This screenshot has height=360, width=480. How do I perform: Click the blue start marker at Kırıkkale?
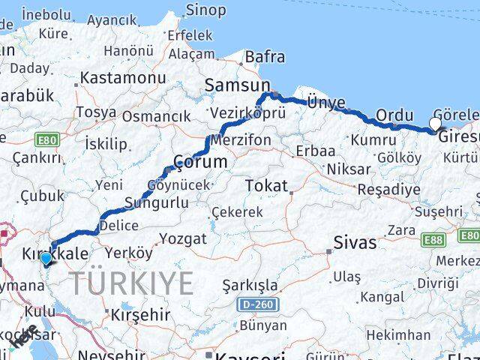click(46, 259)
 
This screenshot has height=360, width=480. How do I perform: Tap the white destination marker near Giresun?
click(436, 123)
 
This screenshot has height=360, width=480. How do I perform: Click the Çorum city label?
click(199, 161)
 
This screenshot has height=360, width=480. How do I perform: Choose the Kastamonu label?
click(122, 77)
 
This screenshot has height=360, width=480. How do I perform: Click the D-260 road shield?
click(253, 305)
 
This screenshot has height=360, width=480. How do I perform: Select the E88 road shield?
click(433, 239)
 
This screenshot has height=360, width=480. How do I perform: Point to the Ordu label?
click(394, 115)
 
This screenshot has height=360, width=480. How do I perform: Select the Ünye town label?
click(327, 103)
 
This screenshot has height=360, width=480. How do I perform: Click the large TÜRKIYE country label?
click(132, 283)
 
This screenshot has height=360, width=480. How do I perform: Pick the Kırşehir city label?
click(140, 315)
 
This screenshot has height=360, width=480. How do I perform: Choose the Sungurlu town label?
click(156, 202)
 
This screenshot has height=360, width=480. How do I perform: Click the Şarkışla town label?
click(250, 286)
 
